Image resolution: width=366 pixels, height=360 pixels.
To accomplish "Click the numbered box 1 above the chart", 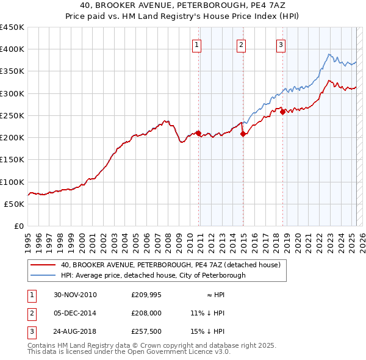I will pyautogui.click(x=198, y=44).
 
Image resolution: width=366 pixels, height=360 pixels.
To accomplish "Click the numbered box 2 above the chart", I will pyautogui.click(x=241, y=44).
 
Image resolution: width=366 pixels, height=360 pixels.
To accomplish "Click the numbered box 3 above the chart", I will pyautogui.click(x=281, y=44).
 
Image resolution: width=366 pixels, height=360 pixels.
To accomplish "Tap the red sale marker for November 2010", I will pyautogui.click(x=199, y=133).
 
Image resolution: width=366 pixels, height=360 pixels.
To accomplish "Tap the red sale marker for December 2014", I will pyautogui.click(x=243, y=134).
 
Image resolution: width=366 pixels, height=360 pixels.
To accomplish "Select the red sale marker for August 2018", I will pyautogui.click(x=283, y=112).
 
